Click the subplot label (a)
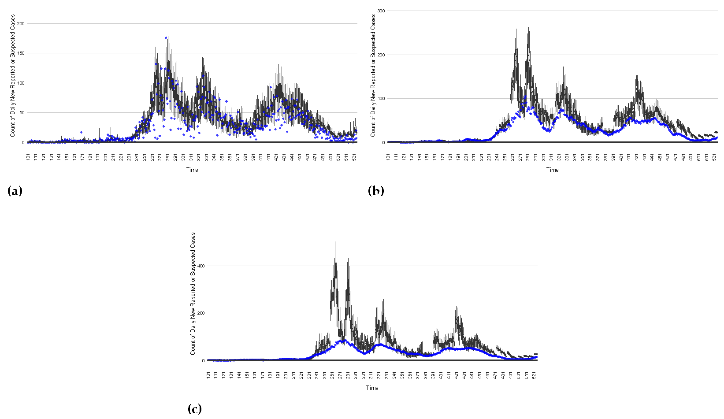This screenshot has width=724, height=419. (x=15, y=191)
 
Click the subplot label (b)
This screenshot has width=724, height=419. (x=375, y=191)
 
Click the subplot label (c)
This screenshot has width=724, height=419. (x=194, y=409)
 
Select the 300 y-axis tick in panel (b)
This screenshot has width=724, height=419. (x=381, y=11)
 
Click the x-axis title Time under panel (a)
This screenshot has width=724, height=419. (x=192, y=170)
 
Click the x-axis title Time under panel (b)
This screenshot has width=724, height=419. (x=552, y=170)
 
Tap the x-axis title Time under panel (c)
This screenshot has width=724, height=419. (x=372, y=388)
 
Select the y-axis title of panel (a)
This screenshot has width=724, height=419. (x=13, y=75)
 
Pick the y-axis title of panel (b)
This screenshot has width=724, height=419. (x=373, y=75)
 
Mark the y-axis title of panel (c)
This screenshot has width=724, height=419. (x=193, y=293)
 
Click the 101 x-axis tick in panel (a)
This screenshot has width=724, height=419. (x=28, y=157)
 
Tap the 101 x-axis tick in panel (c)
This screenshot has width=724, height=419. (x=208, y=375)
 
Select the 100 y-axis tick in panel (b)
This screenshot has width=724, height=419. (x=381, y=99)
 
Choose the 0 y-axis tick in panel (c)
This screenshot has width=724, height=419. (x=204, y=361)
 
